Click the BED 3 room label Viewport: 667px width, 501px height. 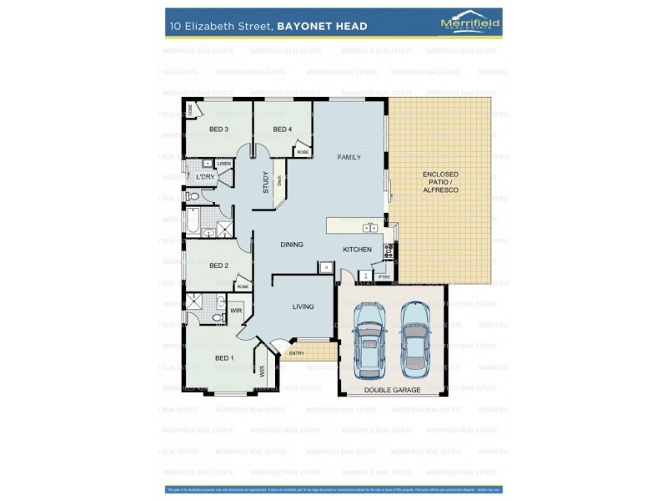click(x=218, y=129)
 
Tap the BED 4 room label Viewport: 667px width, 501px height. click(x=283, y=129)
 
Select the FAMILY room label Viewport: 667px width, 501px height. click(x=349, y=157)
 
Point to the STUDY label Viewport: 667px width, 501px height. click(x=266, y=182)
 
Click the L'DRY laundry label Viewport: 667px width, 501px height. click(x=205, y=177)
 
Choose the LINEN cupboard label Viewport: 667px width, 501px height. click(x=223, y=164)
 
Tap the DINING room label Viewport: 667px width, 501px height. click(x=292, y=245)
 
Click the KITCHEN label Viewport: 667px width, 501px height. click(x=358, y=250)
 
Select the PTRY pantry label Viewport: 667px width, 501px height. click(x=384, y=276)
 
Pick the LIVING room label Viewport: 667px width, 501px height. click(x=303, y=306)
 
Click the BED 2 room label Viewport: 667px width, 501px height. click(x=218, y=266)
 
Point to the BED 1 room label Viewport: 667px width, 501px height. click(x=224, y=358)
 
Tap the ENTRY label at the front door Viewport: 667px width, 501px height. click(x=296, y=353)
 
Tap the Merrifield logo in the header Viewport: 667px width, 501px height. click(x=469, y=24)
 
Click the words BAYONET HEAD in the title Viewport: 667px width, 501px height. click(x=323, y=26)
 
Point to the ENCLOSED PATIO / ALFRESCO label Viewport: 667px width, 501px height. click(x=440, y=182)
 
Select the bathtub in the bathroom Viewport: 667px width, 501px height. click(x=192, y=221)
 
